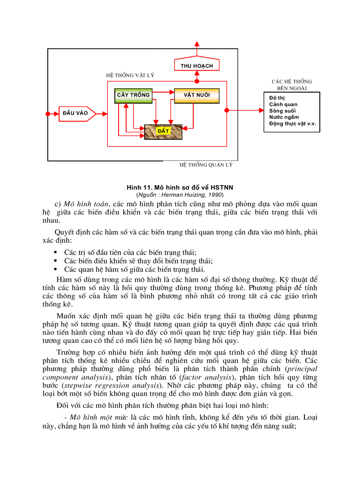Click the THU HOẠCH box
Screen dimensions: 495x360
[197, 66]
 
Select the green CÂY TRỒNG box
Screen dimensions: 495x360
[133, 95]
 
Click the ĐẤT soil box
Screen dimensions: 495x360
[163, 132]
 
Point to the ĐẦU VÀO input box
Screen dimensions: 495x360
[76, 113]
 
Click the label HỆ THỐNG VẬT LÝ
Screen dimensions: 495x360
[130, 75]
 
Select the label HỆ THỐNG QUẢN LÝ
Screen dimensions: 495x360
[206, 165]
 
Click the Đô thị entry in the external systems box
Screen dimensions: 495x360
[277, 97]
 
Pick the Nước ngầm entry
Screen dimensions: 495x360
[284, 117]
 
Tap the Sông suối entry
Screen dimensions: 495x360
[282, 111]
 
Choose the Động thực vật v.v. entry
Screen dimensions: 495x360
[292, 124]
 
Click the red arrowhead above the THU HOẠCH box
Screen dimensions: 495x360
[197, 44]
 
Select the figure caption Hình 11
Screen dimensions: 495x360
[180, 187]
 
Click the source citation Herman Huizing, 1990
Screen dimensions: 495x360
[180, 194]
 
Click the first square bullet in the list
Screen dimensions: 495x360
[56, 253]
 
